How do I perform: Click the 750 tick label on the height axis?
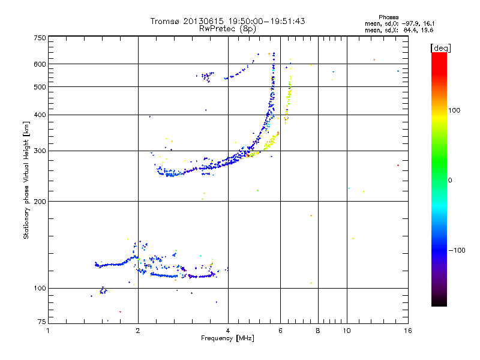point(40,37)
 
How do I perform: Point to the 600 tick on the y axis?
point(40,64)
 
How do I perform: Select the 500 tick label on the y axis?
point(40,87)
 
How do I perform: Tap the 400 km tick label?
point(40,115)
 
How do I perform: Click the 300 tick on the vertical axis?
point(40,151)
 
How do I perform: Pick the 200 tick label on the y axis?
point(40,201)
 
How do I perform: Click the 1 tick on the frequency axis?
point(49,331)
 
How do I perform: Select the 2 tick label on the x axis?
point(138,331)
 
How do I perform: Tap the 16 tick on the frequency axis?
point(407,331)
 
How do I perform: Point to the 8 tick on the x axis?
point(318,331)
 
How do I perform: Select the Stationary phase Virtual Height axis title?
point(26,180)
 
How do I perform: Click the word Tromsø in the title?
point(164,21)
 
